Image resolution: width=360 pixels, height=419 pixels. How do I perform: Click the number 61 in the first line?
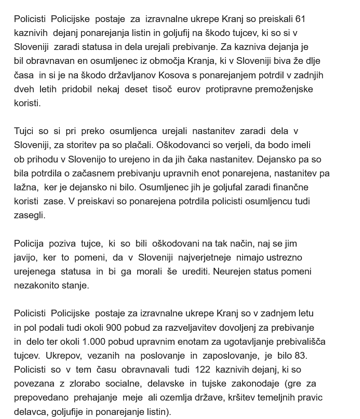[x=301, y=19]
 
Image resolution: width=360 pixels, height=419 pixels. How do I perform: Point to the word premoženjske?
[x=284, y=89]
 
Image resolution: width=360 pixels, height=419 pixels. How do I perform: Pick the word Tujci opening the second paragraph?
[x=24, y=131]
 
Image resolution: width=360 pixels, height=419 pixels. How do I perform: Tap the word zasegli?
[x=30, y=215]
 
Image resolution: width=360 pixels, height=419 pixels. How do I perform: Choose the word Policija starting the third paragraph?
[x=29, y=243]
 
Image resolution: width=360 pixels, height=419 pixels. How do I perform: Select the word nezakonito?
[x=37, y=285]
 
